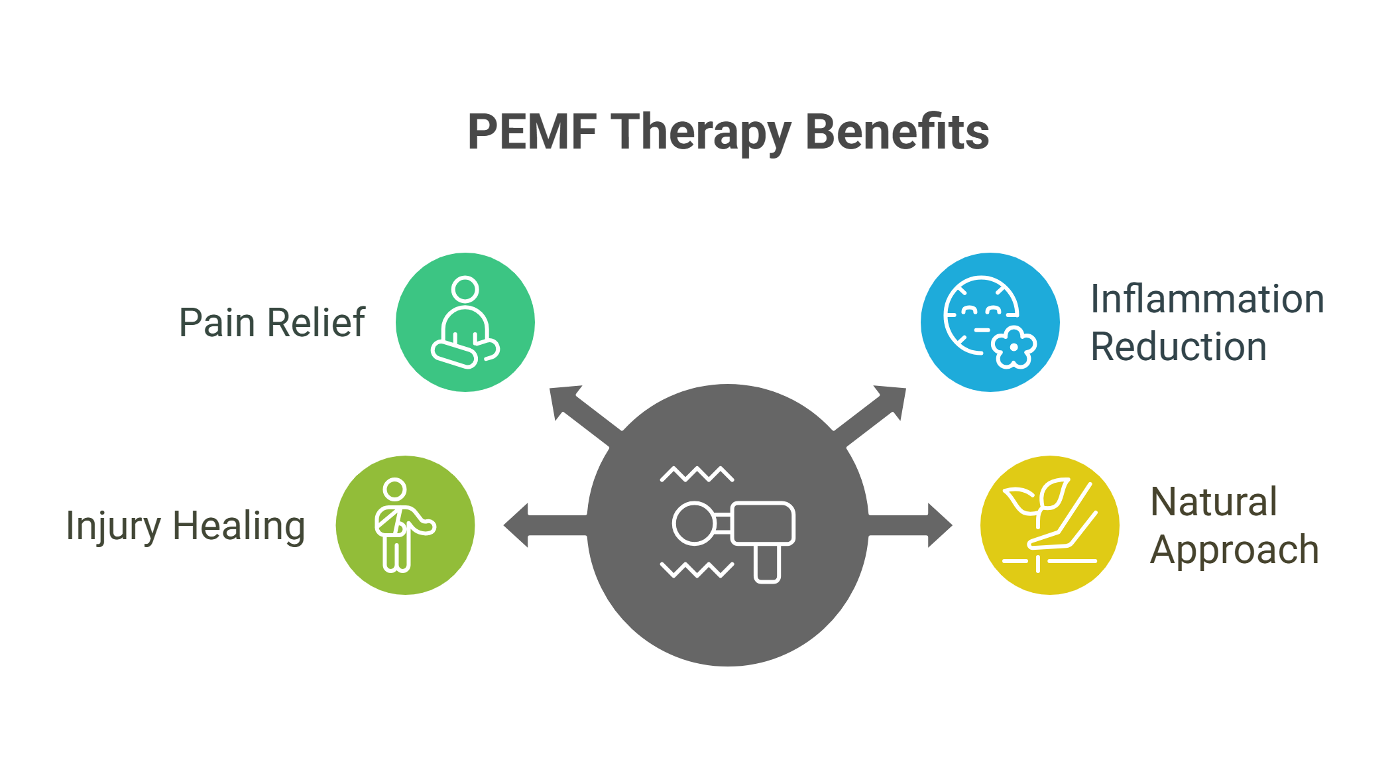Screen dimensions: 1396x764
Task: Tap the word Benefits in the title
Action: point(897,131)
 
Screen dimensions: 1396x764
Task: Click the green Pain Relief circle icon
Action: point(465,322)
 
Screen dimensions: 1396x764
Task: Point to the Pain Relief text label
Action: point(272,323)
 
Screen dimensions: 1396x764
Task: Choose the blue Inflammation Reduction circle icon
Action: point(990,322)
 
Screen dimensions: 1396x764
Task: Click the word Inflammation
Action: point(1207,299)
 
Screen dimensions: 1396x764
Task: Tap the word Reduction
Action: point(1179,347)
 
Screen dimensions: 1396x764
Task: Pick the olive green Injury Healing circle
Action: point(406,525)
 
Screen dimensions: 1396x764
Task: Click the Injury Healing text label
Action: point(186,527)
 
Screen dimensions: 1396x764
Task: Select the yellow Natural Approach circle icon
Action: point(1050,525)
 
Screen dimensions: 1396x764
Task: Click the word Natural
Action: point(1214,502)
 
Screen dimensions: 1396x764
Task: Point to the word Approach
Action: point(1234,550)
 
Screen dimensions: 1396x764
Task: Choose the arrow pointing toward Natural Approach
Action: point(910,525)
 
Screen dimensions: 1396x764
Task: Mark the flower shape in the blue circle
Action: point(1014,347)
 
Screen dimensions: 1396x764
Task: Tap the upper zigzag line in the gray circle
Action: point(697,474)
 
